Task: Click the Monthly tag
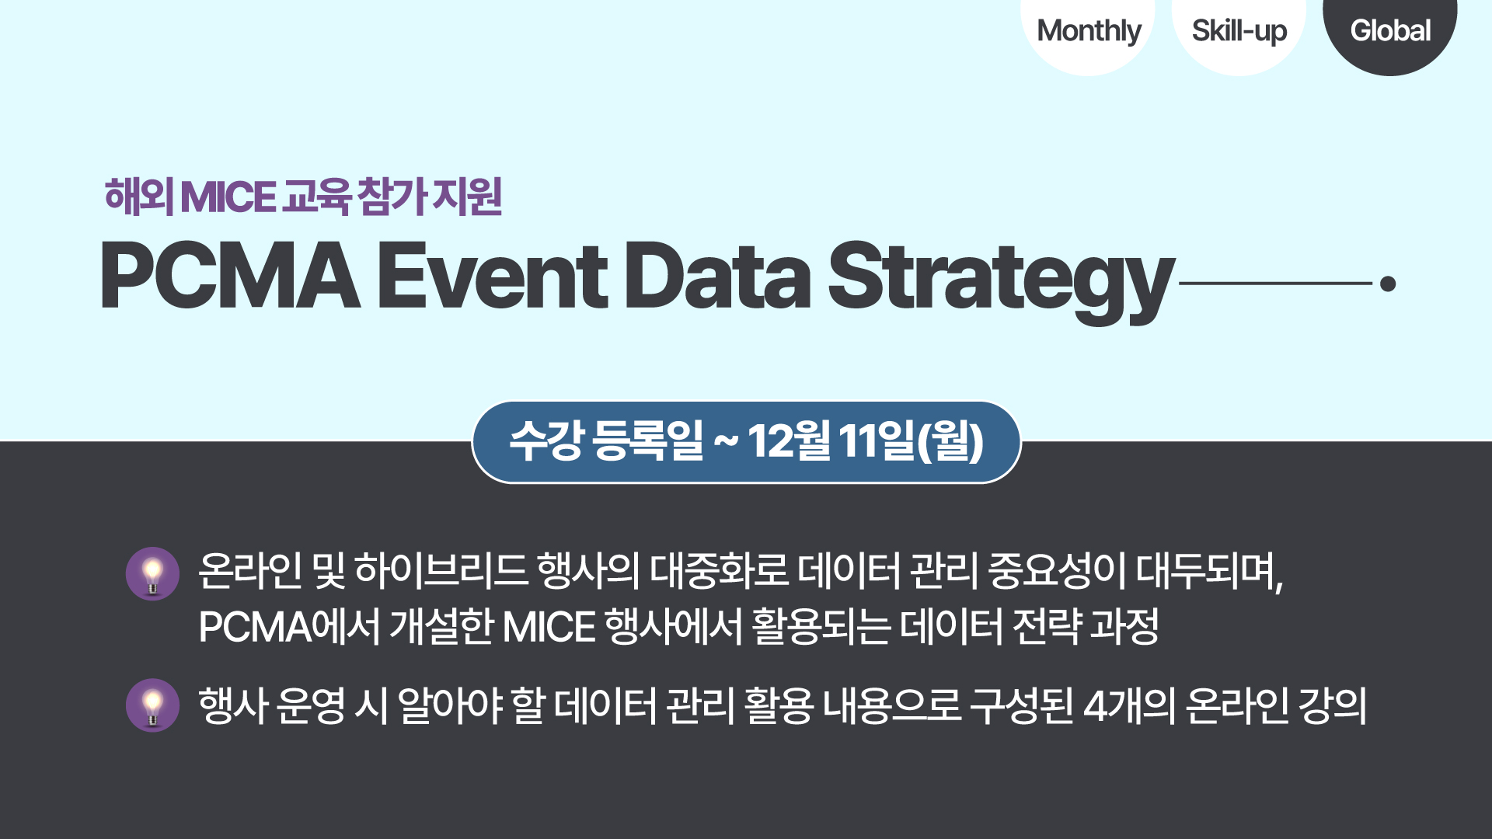[1088, 31]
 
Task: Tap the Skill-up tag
[1239, 31]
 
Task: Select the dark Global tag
[1389, 31]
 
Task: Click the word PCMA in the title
[230, 276]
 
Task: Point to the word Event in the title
[493, 276]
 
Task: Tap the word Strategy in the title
[1001, 281]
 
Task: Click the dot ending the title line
[1388, 284]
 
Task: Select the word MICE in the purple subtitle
[228, 197]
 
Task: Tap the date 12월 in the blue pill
[789, 440]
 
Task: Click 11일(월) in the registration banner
[912, 440]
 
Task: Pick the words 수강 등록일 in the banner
[606, 440]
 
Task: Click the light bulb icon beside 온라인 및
[152, 574]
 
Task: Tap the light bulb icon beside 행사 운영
[152, 705]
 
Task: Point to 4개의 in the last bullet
[1129, 706]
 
